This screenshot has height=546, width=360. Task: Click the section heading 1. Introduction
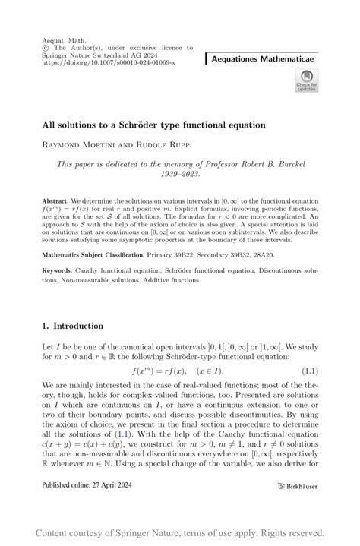(72, 326)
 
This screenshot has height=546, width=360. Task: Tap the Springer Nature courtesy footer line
(180, 532)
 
